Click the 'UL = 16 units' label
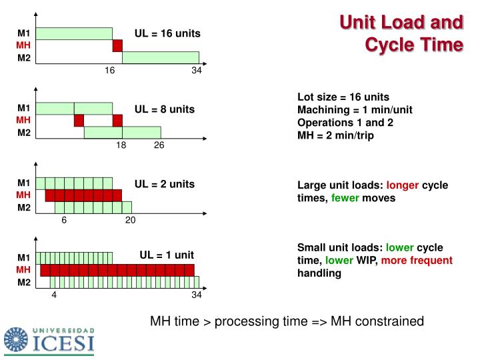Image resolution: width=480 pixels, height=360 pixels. [167, 33]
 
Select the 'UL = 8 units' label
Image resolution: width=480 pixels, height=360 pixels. [165, 108]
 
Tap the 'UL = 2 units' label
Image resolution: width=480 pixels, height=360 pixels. [165, 183]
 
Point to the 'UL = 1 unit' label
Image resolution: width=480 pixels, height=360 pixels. [166, 255]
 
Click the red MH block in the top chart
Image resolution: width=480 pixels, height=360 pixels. [117, 45]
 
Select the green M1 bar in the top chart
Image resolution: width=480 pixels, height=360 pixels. [74, 33]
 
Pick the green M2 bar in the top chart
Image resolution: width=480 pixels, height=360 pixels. [160, 58]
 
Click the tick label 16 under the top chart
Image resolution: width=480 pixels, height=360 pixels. [110, 71]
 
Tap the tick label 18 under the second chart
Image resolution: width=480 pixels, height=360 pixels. [121, 146]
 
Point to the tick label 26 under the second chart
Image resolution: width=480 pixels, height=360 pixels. [159, 146]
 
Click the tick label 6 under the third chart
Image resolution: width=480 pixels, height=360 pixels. [65, 221]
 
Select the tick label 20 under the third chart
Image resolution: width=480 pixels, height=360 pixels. [130, 221]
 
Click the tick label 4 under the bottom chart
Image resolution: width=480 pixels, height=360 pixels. [55, 295]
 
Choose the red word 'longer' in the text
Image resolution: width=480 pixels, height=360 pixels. [403, 185]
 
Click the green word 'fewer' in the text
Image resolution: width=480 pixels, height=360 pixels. [345, 198]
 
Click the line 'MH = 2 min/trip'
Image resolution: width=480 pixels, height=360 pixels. [335, 135]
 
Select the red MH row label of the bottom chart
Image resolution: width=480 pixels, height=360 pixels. [24, 270]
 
